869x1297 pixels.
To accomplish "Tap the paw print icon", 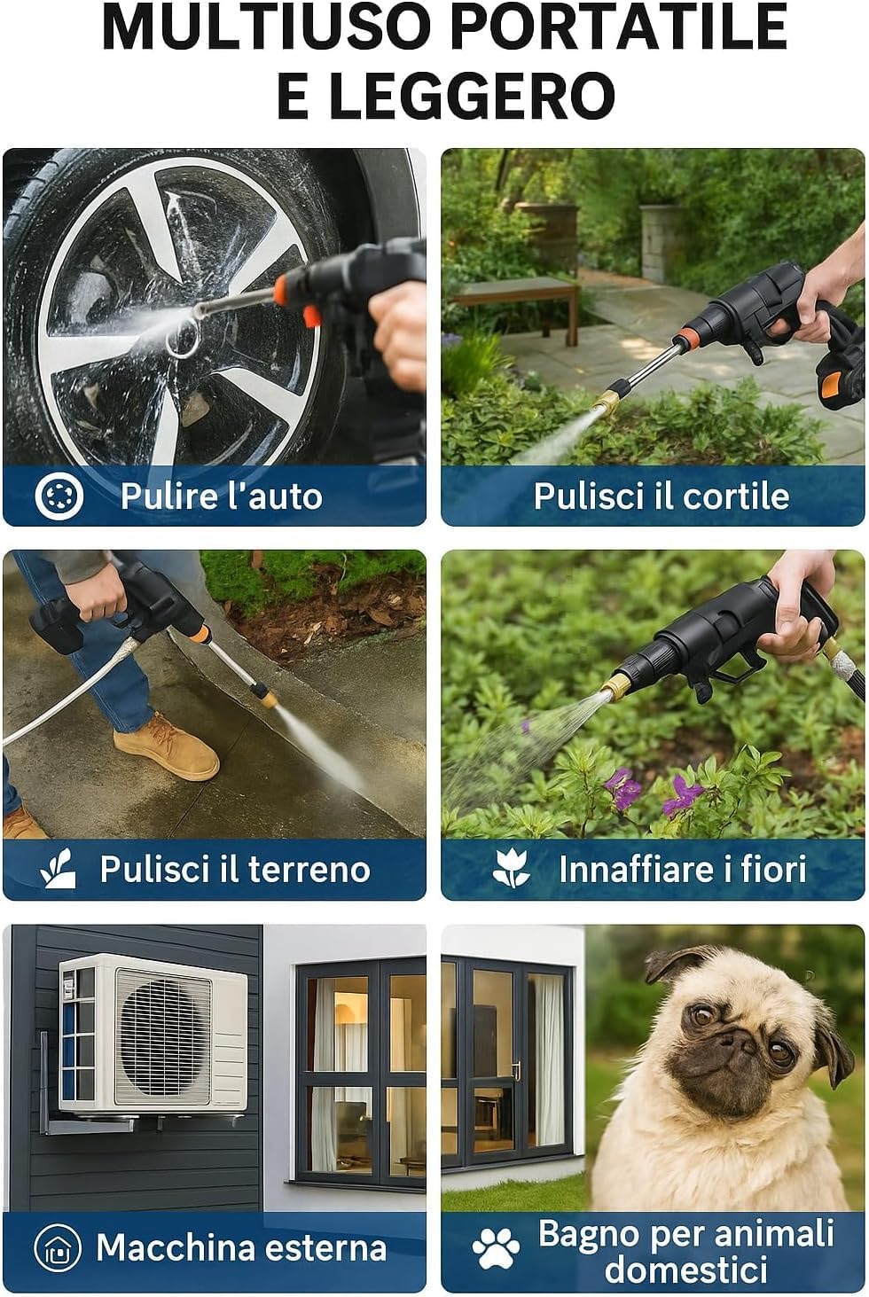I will pyautogui.click(x=496, y=1248).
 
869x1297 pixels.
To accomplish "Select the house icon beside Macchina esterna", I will pyautogui.click(x=58, y=1247).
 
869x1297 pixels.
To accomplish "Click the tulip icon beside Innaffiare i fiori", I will pyautogui.click(x=511, y=868).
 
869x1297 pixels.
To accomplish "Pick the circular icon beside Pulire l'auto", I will pyautogui.click(x=59, y=496).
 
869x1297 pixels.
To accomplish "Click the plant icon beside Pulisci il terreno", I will pyautogui.click(x=59, y=868).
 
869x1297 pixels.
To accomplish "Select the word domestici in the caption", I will pyautogui.click(x=685, y=1270).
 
